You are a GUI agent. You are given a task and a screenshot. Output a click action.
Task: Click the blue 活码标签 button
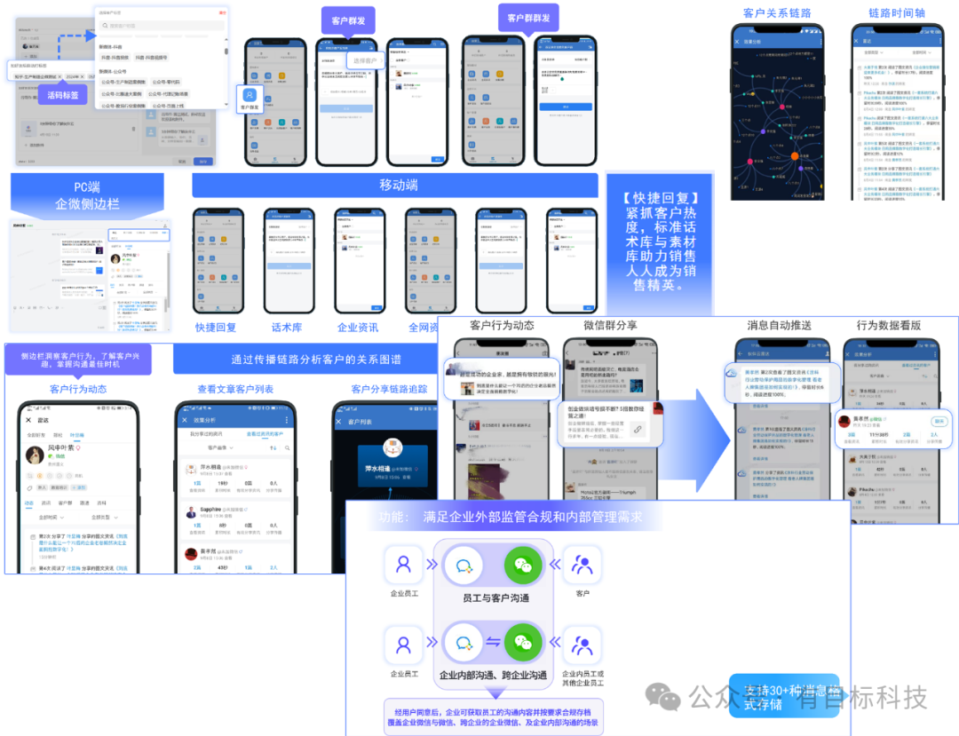(x=62, y=95)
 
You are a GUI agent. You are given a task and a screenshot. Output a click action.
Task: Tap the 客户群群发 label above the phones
(x=528, y=18)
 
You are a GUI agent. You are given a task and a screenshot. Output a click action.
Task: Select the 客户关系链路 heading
(x=777, y=13)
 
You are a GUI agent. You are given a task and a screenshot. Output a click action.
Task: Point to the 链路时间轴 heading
(x=896, y=13)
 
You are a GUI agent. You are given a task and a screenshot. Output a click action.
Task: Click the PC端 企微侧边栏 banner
(x=87, y=194)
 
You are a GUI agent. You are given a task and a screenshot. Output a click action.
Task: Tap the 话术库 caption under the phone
(x=287, y=327)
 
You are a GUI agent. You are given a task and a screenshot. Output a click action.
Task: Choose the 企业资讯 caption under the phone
(x=357, y=327)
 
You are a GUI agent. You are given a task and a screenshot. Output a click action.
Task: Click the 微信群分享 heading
(x=610, y=325)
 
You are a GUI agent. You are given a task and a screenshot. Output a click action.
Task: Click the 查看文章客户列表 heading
(x=235, y=389)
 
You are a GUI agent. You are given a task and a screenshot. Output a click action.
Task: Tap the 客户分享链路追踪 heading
(x=389, y=389)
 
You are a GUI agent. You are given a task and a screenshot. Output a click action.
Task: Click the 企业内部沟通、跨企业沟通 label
(x=493, y=676)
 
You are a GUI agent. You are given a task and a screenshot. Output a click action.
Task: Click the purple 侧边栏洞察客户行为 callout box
(x=77, y=360)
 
